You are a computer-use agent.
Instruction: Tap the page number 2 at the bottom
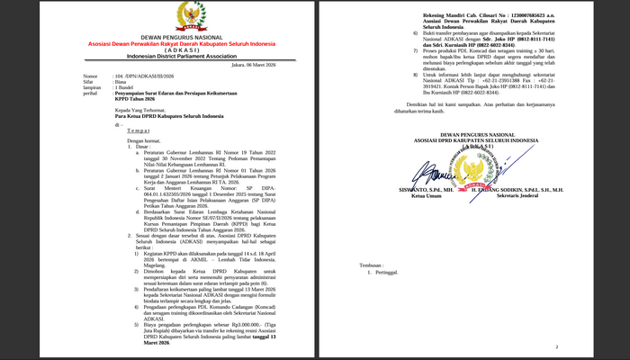557,345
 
